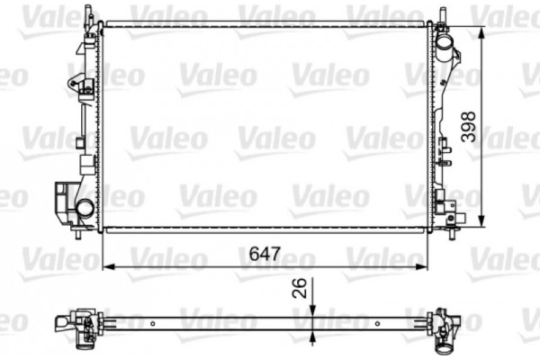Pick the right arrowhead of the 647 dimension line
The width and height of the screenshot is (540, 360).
coord(423,265)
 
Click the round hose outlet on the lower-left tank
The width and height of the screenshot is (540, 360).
coord(84,210)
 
